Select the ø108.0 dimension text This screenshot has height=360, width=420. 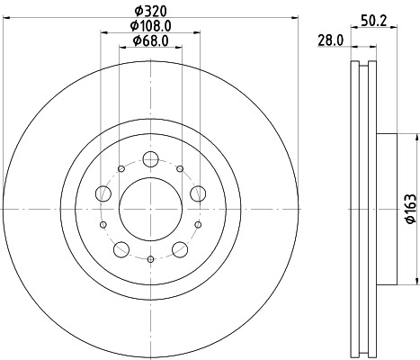click(150, 26)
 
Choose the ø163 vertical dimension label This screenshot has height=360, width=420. click(408, 208)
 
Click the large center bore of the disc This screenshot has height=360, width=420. click(150, 209)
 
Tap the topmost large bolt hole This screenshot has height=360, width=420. click(150, 159)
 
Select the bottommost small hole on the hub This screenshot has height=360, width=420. click(150, 258)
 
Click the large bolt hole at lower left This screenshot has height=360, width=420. click(121, 249)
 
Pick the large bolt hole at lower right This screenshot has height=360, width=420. click(179, 249)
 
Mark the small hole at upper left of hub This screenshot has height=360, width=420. click(121, 168)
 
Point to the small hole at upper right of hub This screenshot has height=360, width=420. click(180, 168)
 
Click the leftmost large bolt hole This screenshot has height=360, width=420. click(103, 193)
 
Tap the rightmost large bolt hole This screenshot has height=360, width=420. click(197, 193)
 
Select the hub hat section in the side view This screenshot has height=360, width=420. click(384, 209)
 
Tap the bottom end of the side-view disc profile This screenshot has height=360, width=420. click(363, 352)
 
